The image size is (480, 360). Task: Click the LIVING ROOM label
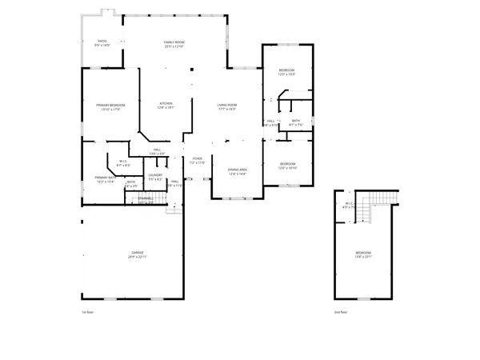[x=227, y=106]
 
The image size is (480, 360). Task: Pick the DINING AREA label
[x=238, y=171]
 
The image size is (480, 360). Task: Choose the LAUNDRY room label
[x=155, y=177]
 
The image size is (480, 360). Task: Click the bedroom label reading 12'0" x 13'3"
[x=287, y=73]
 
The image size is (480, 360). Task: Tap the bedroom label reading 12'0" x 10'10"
[x=288, y=166]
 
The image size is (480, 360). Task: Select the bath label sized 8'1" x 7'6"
[x=296, y=123]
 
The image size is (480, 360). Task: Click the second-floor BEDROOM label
[x=363, y=254]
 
